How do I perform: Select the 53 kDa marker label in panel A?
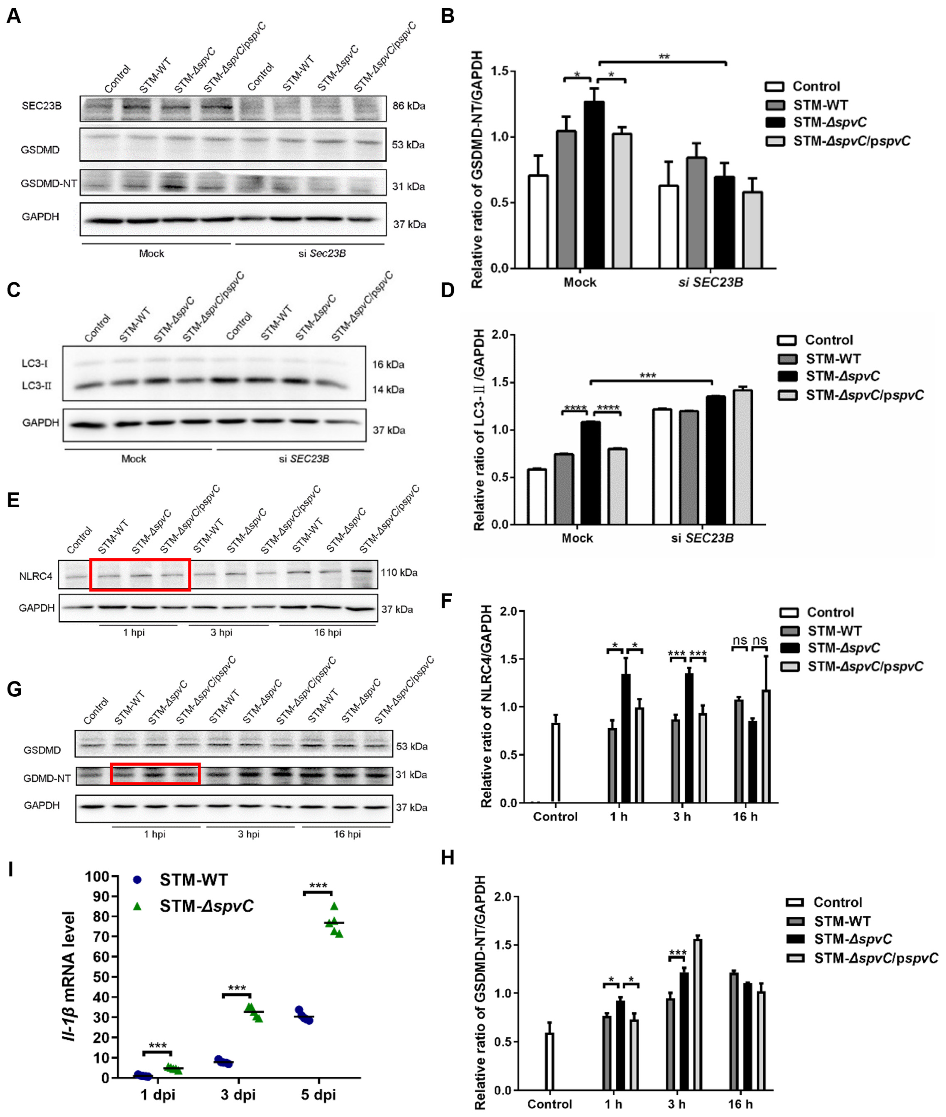pos(408,145)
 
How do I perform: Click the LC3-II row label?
pos(36,386)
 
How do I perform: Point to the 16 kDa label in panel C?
pos(388,365)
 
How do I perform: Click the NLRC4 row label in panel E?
pos(36,577)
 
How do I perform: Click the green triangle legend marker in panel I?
pos(137,906)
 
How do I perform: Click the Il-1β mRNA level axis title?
pos(70,976)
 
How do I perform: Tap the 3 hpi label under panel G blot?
pos(249,834)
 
